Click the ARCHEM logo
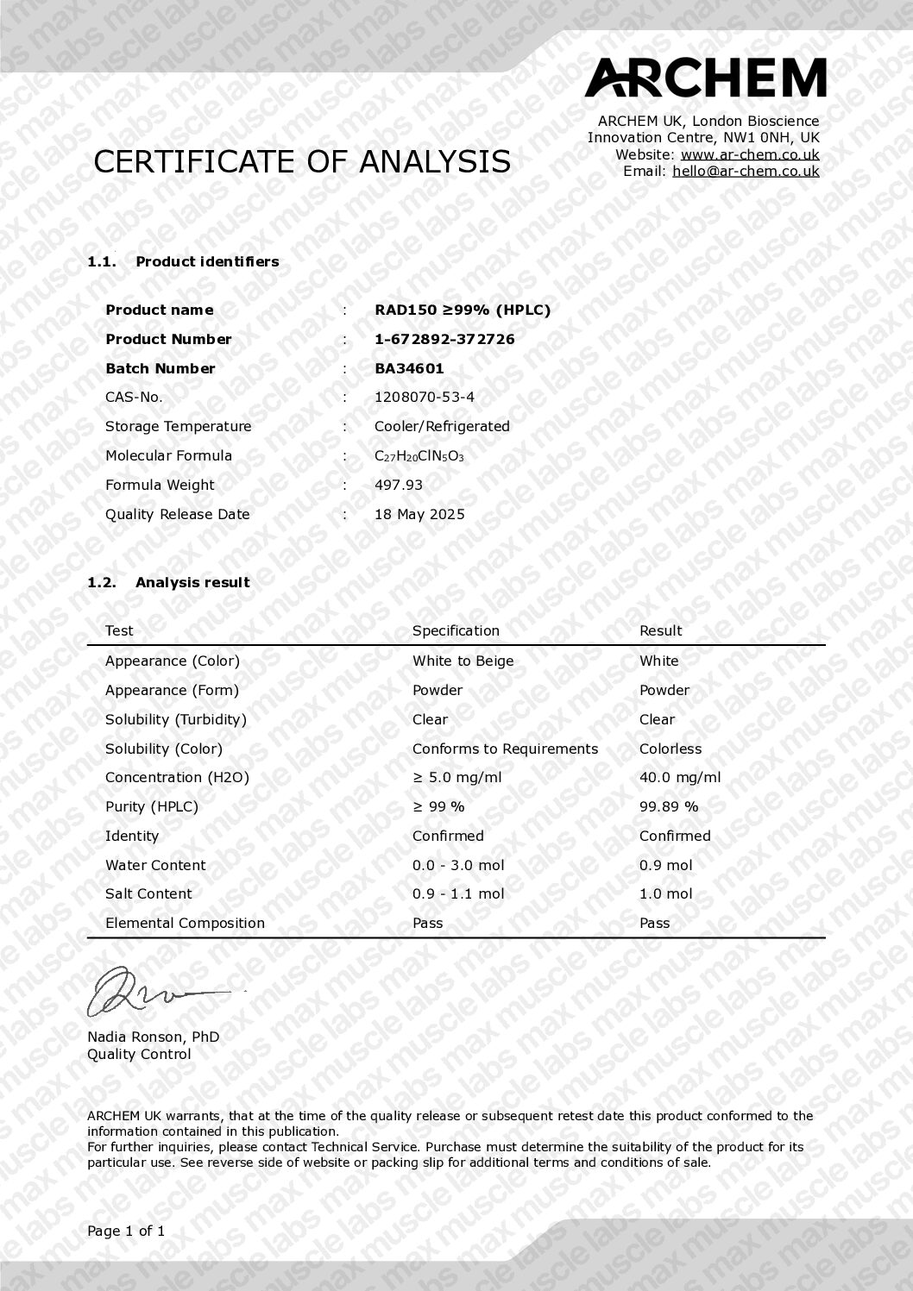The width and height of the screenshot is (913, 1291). [x=705, y=78]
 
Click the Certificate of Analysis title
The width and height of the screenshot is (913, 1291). [x=302, y=162]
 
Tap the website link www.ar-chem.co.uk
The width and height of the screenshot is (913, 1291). [x=750, y=155]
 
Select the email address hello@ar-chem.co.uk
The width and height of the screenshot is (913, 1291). [x=746, y=172]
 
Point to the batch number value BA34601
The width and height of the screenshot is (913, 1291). [x=409, y=369]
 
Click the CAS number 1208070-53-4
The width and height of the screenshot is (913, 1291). [x=424, y=398]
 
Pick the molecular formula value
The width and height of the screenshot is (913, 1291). [x=419, y=456]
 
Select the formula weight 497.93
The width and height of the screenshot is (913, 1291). [x=399, y=486]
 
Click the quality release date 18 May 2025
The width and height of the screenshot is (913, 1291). [x=419, y=515]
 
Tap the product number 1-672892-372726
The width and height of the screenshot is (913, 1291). [x=444, y=340]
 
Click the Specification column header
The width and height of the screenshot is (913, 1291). [x=456, y=631]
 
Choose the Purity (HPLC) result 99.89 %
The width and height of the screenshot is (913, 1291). [x=669, y=807]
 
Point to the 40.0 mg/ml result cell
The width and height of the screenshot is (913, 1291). [x=679, y=778]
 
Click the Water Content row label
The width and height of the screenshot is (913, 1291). [x=155, y=866]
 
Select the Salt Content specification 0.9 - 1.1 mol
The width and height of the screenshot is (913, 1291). [x=458, y=894]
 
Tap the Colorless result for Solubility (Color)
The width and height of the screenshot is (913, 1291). [x=671, y=749]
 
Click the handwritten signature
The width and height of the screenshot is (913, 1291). [x=155, y=992]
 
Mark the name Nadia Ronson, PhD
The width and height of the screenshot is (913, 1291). [x=153, y=1037]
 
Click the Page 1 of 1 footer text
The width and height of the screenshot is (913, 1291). [x=126, y=1231]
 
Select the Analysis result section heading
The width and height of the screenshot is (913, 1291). [x=192, y=583]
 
